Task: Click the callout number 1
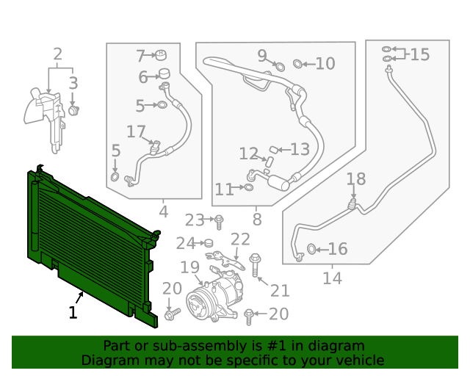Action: coord(73,313)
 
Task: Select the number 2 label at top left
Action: coord(57,54)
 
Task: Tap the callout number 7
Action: coord(140,56)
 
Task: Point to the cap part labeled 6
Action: coord(164,74)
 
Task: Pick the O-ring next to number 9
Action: coord(279,67)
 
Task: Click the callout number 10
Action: coord(325,64)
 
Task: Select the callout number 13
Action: coord(300,150)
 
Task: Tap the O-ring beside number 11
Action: coord(248,188)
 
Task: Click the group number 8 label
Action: coord(256,219)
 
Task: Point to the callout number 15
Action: coord(419,54)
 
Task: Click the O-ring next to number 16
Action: coord(312,250)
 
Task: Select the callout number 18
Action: coord(355,179)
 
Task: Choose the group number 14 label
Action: coord(332,278)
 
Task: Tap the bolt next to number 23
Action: coord(219,220)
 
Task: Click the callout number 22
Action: coord(240,239)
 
